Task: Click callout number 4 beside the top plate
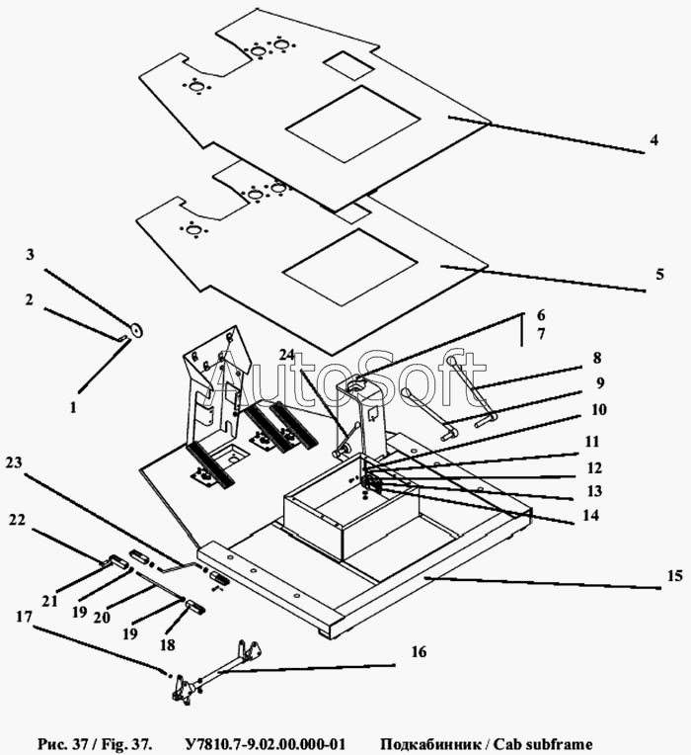(x=653, y=141)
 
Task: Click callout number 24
(x=287, y=354)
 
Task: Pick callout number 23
(x=15, y=462)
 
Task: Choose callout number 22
(x=15, y=519)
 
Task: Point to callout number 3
(x=31, y=255)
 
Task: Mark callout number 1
(x=72, y=404)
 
